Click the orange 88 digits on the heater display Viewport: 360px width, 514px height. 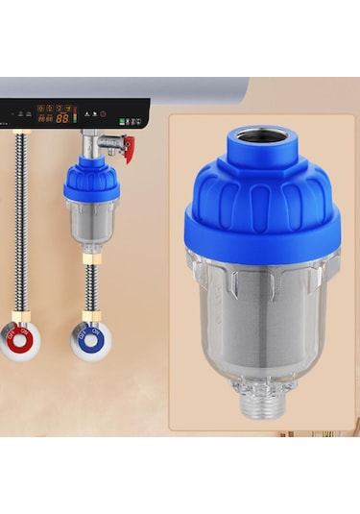[62, 118]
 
